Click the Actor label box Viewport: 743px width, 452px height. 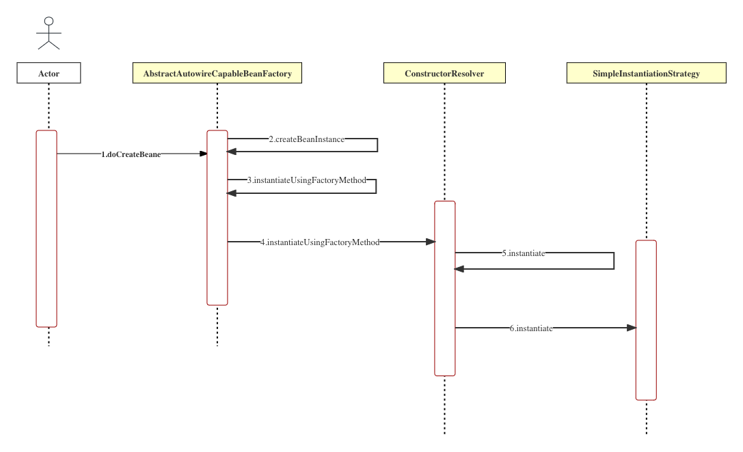(x=49, y=73)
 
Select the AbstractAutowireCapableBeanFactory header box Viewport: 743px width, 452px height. (x=217, y=73)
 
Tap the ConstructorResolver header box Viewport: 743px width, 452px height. (x=444, y=73)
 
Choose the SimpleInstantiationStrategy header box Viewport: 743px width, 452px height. (x=646, y=73)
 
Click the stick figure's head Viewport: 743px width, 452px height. (x=49, y=21)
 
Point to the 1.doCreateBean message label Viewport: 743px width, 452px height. (x=131, y=154)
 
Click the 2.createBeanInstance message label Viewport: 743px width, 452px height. (x=307, y=139)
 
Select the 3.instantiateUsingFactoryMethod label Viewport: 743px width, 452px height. (x=307, y=180)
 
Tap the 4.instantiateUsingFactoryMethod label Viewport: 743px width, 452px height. (x=320, y=242)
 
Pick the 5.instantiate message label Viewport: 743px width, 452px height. (x=524, y=253)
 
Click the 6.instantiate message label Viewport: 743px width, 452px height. (x=531, y=328)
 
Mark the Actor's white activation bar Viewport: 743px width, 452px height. (x=46, y=229)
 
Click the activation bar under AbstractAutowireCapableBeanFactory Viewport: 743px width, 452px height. (x=217, y=218)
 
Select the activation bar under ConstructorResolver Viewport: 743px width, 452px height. (x=445, y=288)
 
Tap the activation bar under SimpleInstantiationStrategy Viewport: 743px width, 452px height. (x=646, y=320)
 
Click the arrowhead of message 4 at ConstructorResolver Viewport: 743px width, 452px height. (x=431, y=242)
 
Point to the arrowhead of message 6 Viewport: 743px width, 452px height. (x=632, y=328)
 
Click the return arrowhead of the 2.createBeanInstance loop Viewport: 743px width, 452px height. (x=232, y=152)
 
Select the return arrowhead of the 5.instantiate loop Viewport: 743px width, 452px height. (x=459, y=269)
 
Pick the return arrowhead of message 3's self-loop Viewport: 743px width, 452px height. (x=232, y=193)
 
